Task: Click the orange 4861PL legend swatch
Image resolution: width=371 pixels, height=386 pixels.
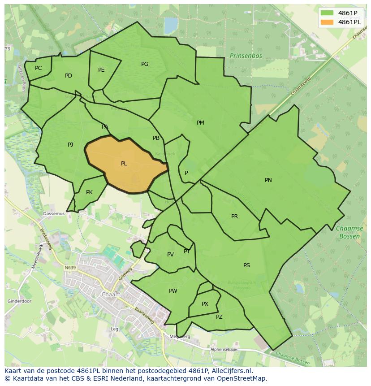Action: (328, 22)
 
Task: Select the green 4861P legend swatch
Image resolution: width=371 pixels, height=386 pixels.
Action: (328, 13)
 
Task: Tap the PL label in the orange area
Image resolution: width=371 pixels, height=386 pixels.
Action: (124, 164)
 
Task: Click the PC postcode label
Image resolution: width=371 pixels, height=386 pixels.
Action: (38, 68)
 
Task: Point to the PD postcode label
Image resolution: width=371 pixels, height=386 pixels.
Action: (68, 76)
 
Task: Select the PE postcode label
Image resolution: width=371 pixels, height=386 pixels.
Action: (101, 70)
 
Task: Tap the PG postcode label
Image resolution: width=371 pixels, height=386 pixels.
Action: (144, 64)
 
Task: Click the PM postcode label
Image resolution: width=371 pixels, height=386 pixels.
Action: (200, 123)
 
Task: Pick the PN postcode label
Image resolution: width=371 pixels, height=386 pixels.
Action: (268, 180)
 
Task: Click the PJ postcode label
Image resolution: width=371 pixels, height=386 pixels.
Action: (70, 145)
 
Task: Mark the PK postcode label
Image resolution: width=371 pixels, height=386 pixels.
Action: (89, 192)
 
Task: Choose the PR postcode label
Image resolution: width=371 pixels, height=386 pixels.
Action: (234, 217)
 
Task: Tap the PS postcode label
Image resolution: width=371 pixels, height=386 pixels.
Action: (246, 265)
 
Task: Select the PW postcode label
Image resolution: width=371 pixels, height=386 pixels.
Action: (173, 291)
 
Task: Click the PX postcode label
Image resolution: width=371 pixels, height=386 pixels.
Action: (205, 304)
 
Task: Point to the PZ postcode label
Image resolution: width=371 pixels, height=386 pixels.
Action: (219, 317)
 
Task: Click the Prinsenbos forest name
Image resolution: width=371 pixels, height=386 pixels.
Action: (246, 56)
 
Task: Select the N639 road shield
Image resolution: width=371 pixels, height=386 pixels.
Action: (70, 268)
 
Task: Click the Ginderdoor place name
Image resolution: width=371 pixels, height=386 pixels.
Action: (19, 301)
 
